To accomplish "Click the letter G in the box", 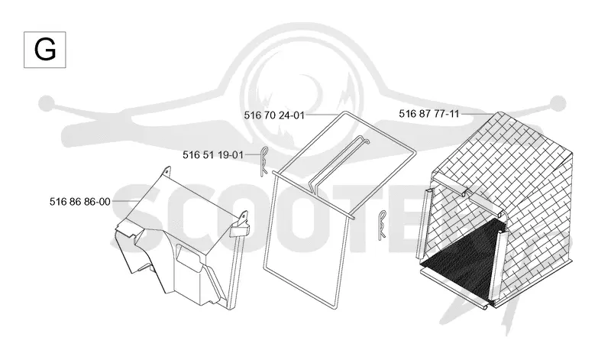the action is coord(45,50).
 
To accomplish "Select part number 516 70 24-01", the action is coord(274,115).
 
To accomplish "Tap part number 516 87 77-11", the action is coord(429,114).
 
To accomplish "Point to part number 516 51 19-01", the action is coord(213,155).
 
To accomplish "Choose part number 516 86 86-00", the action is coord(80,202).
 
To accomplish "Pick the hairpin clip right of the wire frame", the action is coord(383,225).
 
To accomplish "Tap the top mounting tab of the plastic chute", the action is coord(167,172).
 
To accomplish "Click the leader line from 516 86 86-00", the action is coord(125,201).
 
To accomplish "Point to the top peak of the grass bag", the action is coord(501,113).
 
